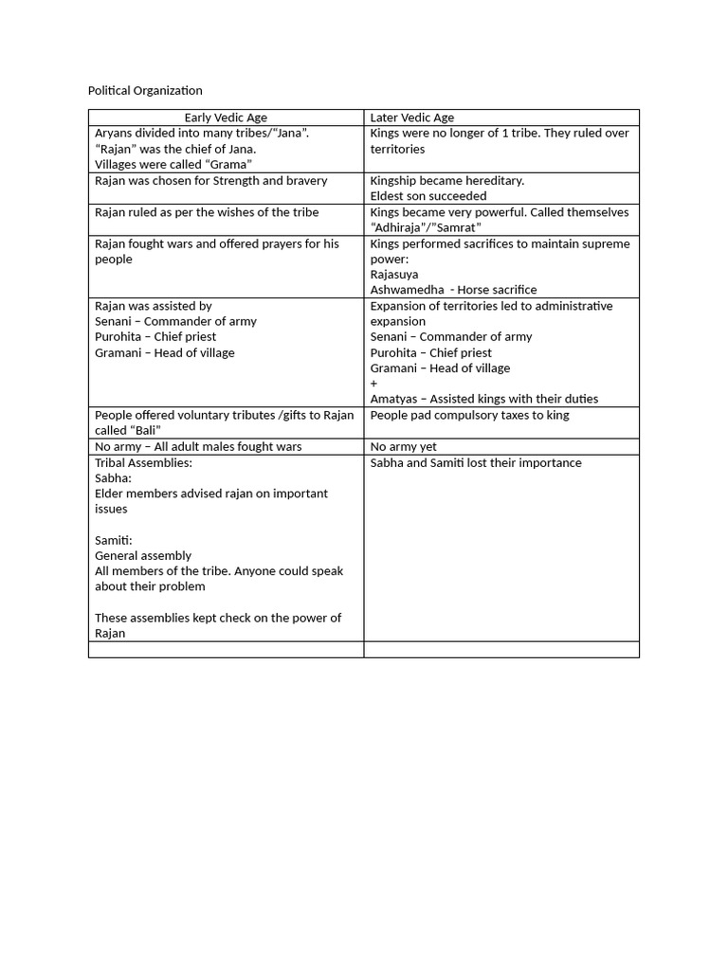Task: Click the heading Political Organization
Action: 145,91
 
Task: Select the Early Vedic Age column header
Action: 226,117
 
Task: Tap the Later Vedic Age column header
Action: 411,117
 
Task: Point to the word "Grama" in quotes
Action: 228,165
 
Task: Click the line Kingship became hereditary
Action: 446,180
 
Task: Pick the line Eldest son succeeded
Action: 428,196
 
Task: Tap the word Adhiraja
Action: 402,227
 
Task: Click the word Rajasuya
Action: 394,275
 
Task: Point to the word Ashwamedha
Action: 407,290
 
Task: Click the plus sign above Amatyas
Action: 374,384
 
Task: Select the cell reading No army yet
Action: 403,446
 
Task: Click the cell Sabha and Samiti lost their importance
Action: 476,462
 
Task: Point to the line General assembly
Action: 143,555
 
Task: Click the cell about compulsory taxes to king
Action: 469,415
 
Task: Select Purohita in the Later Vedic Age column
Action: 396,352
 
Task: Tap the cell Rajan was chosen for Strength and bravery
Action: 211,180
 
